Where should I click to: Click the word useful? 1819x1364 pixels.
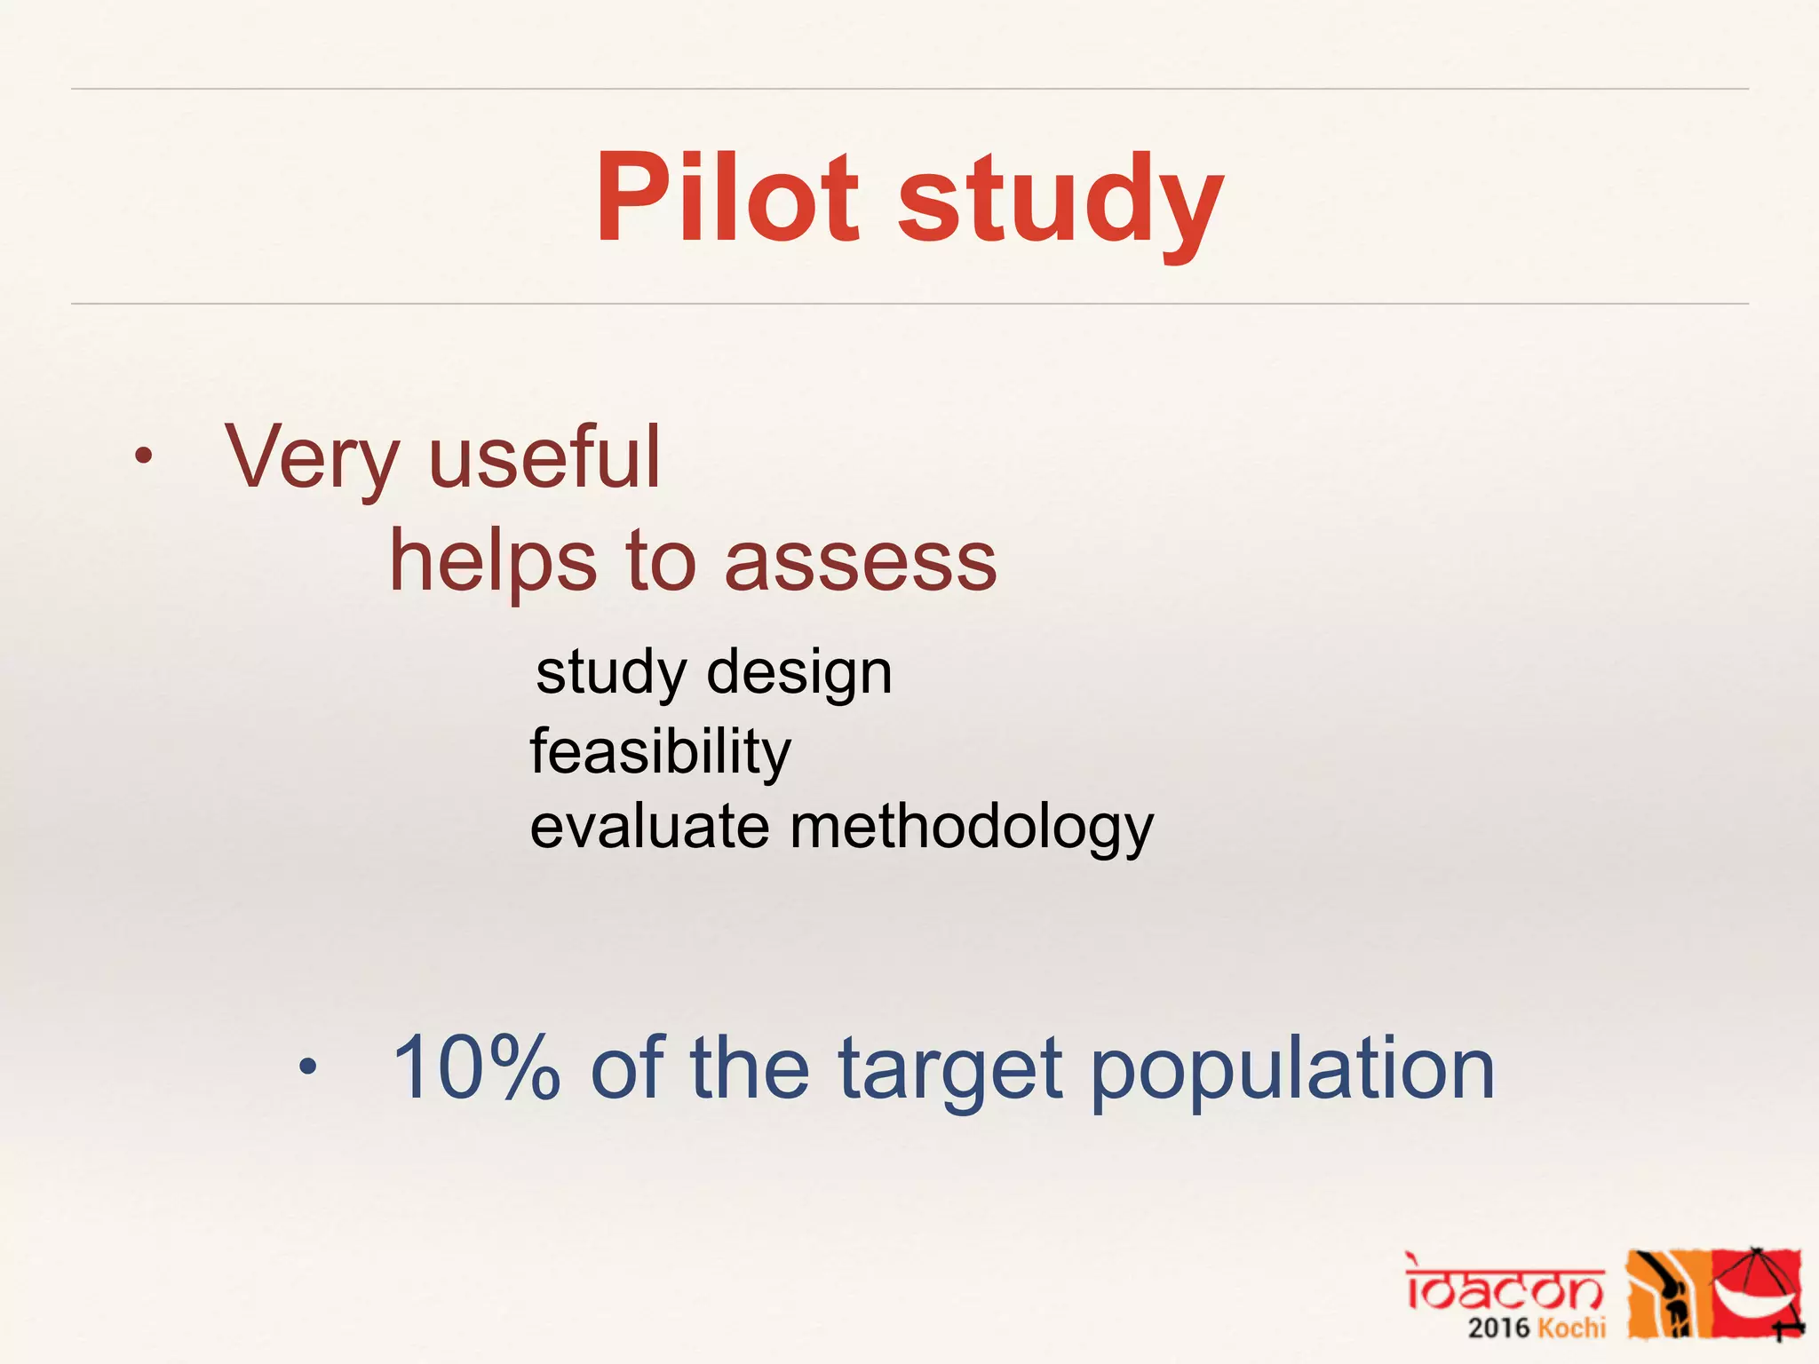tap(544, 456)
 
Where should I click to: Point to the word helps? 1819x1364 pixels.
tap(493, 563)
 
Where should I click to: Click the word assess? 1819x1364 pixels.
tap(861, 563)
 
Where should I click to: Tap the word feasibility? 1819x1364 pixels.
tap(660, 752)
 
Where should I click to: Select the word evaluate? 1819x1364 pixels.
tap(649, 827)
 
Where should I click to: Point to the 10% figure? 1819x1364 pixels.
tap(476, 1067)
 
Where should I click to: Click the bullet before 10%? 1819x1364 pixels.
tap(307, 1067)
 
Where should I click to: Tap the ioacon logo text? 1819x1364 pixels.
tap(1504, 1283)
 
